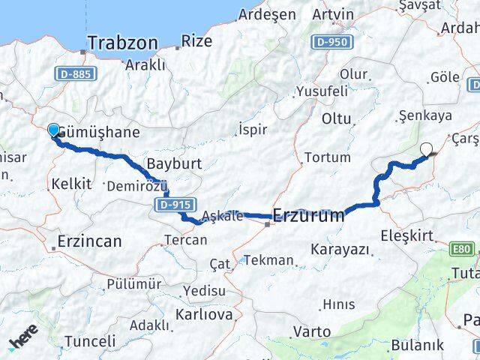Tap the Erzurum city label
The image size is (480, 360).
[308, 216]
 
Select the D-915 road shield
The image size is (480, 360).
[177, 203]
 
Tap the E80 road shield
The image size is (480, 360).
[465, 249]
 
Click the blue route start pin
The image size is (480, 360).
[54, 131]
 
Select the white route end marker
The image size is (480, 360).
[427, 149]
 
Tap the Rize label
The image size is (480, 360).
[197, 41]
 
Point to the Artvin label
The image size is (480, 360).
[333, 14]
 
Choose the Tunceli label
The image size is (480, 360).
[90, 341]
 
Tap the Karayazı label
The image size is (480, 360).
[340, 248]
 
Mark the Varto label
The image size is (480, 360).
[311, 331]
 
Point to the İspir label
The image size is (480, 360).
[252, 130]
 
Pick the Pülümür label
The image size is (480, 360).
[134, 283]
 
